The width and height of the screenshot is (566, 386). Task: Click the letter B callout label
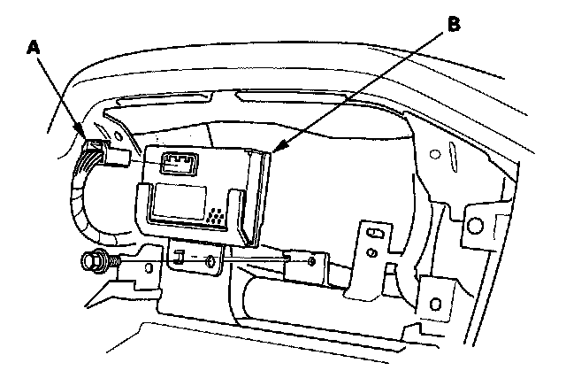(452, 25)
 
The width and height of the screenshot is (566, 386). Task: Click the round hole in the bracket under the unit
(209, 260)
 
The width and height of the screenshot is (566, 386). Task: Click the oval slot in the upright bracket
(375, 233)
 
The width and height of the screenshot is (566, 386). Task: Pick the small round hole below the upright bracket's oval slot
(373, 255)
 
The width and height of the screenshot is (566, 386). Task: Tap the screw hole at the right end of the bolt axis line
(314, 261)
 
